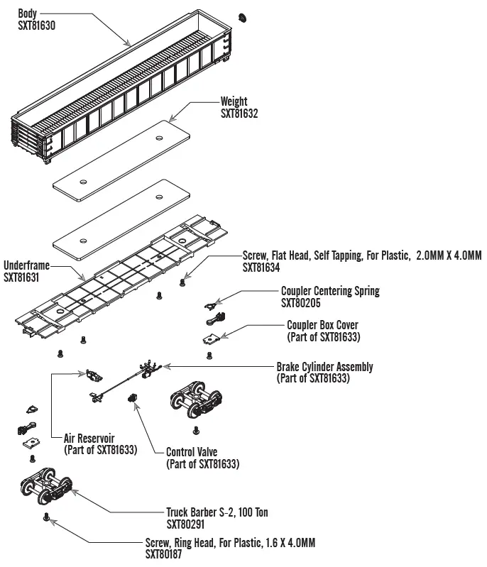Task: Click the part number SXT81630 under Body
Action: (36, 25)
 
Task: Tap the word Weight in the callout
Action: (234, 101)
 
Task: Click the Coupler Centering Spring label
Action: (330, 291)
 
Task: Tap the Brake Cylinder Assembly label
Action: (324, 367)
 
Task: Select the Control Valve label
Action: (192, 452)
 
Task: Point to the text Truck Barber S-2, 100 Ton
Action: (217, 512)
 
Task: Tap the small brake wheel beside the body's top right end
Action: (243, 16)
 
